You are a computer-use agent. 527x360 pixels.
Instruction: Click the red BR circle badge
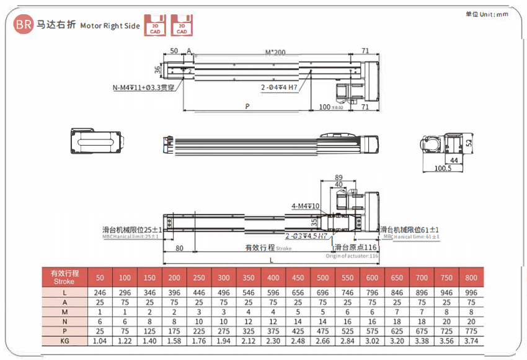(x=24, y=25)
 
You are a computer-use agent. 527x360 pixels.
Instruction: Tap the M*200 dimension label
(x=275, y=53)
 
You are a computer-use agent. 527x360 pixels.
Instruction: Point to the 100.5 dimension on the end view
(x=442, y=169)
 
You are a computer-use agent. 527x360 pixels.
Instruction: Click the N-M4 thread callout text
(x=143, y=87)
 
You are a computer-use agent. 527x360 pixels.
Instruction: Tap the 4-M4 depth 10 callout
(x=304, y=206)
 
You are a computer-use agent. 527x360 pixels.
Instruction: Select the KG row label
(x=64, y=340)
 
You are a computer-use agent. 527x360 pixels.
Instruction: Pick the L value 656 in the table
(x=298, y=292)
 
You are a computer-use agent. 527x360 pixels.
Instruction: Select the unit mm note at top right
(x=486, y=14)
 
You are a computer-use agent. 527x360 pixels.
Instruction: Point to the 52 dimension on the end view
(x=469, y=143)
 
